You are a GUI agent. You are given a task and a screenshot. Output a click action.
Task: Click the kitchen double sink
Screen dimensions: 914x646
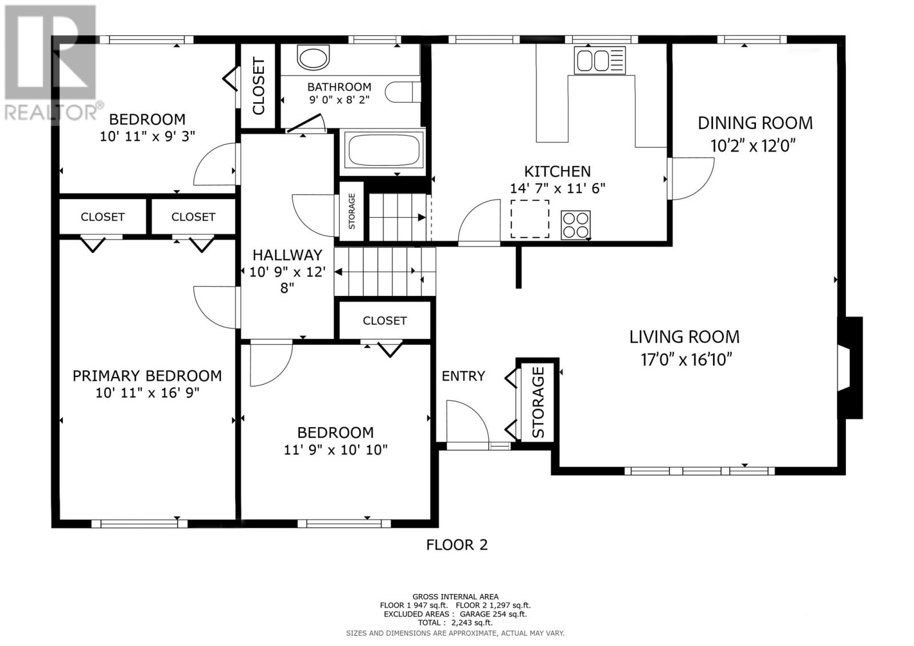pos(599,61)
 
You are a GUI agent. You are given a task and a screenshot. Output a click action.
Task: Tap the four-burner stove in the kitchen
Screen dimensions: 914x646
pos(575,225)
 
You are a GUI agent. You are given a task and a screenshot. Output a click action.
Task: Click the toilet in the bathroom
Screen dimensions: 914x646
pos(403,92)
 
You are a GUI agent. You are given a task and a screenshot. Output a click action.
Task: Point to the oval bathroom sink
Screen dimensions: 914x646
pos(313,58)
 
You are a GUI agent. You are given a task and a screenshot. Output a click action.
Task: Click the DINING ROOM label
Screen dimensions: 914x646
pos(755,123)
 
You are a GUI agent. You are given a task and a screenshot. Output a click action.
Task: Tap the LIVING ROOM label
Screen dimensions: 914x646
pos(684,337)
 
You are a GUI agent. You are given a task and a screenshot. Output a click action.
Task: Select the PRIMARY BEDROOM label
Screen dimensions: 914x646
pos(147,376)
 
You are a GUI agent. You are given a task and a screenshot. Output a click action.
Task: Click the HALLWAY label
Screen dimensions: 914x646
pos(287,255)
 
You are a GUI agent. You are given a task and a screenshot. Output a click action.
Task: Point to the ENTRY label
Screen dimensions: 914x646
pos(463,376)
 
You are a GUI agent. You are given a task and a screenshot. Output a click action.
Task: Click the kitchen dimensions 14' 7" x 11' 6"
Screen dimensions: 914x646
pos(558,188)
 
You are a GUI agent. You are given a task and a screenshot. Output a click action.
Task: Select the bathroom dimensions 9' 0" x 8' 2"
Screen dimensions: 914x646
pos(339,99)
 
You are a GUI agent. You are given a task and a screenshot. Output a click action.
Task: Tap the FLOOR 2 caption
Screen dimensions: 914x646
pos(457,545)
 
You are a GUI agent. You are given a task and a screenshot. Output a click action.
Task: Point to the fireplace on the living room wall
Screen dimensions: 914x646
pos(849,368)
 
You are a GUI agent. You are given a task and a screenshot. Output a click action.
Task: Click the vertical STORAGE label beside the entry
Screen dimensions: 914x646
pos(538,402)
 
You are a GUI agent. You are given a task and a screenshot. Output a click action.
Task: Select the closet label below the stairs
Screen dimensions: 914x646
pos(385,321)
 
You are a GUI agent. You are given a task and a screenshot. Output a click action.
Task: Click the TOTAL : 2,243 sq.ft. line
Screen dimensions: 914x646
pos(455,623)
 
